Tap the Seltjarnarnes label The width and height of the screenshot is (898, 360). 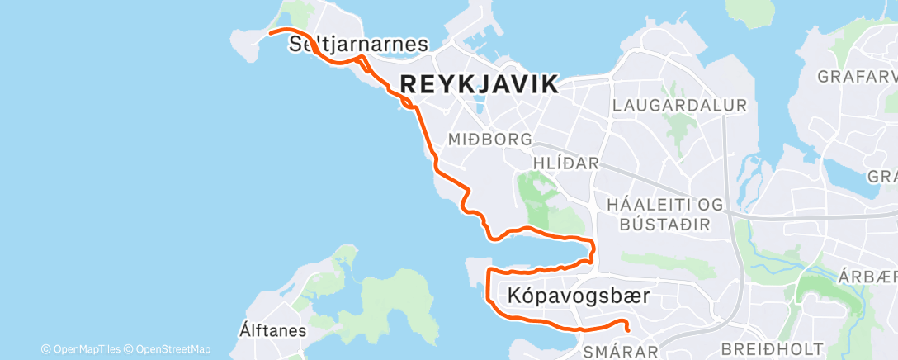[x=358, y=45]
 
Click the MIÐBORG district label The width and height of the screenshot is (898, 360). [x=489, y=140]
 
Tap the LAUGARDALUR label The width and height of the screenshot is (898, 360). [x=679, y=106]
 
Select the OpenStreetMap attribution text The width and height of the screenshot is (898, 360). [x=173, y=349]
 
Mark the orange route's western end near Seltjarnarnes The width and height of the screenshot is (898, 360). [x=271, y=34]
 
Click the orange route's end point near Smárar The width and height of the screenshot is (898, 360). [x=628, y=329]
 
